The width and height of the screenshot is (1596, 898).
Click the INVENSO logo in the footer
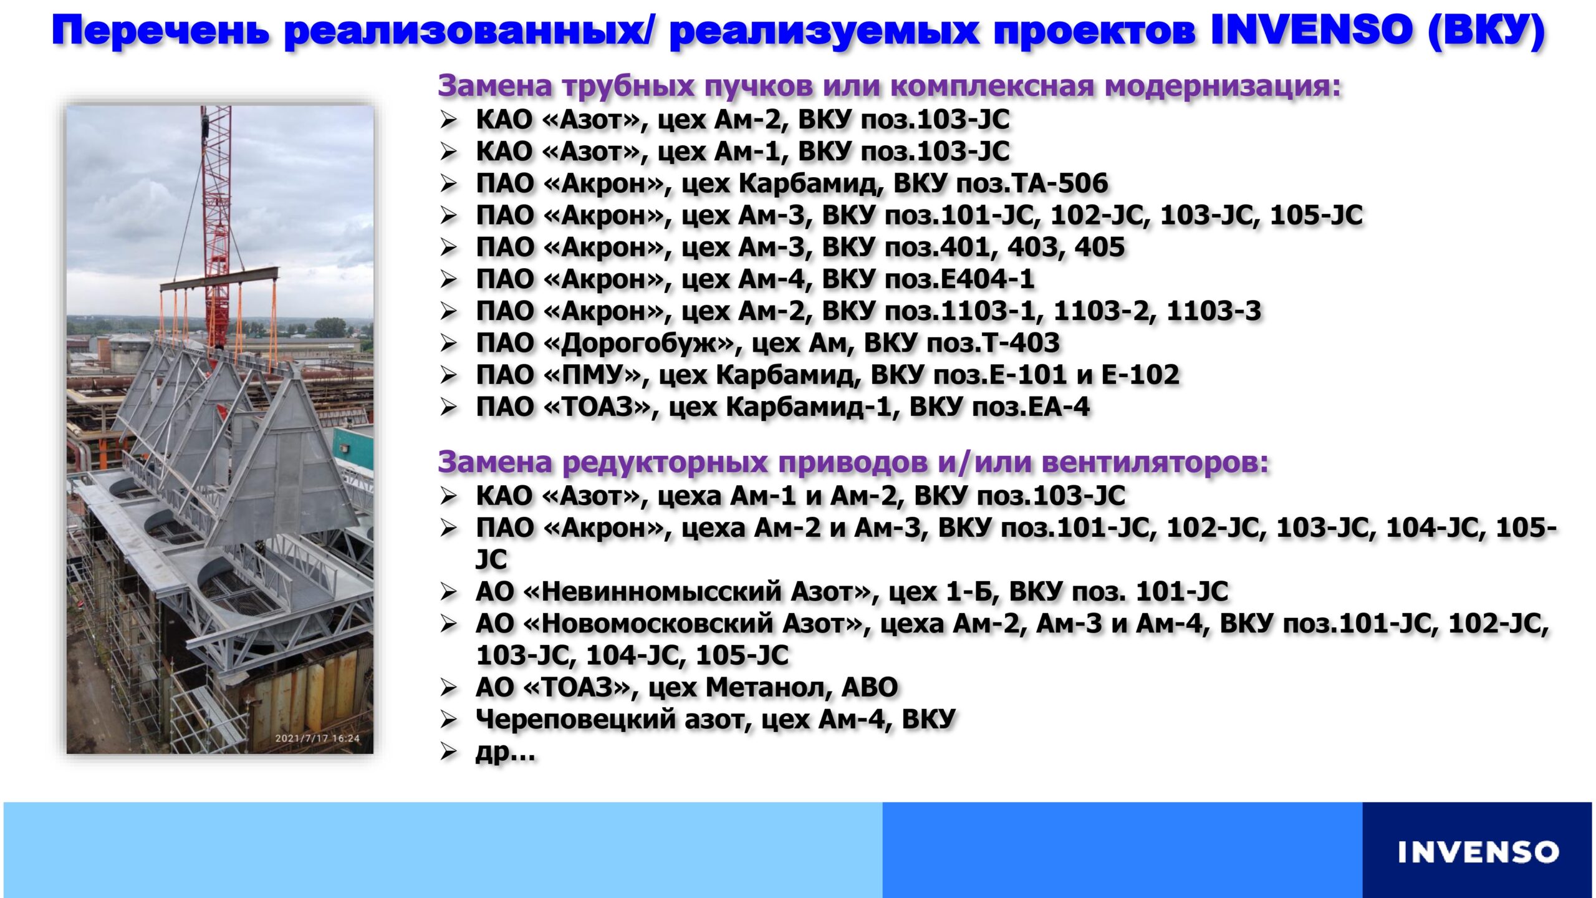point(1478,852)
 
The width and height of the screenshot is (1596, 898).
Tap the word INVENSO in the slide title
point(1311,31)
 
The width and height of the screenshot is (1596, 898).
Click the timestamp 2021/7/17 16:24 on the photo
point(317,738)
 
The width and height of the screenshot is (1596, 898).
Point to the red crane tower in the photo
point(216,224)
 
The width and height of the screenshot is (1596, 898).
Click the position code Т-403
point(1020,343)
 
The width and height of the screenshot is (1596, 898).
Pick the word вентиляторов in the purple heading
point(1155,463)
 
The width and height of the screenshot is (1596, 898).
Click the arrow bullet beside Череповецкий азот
point(449,720)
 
